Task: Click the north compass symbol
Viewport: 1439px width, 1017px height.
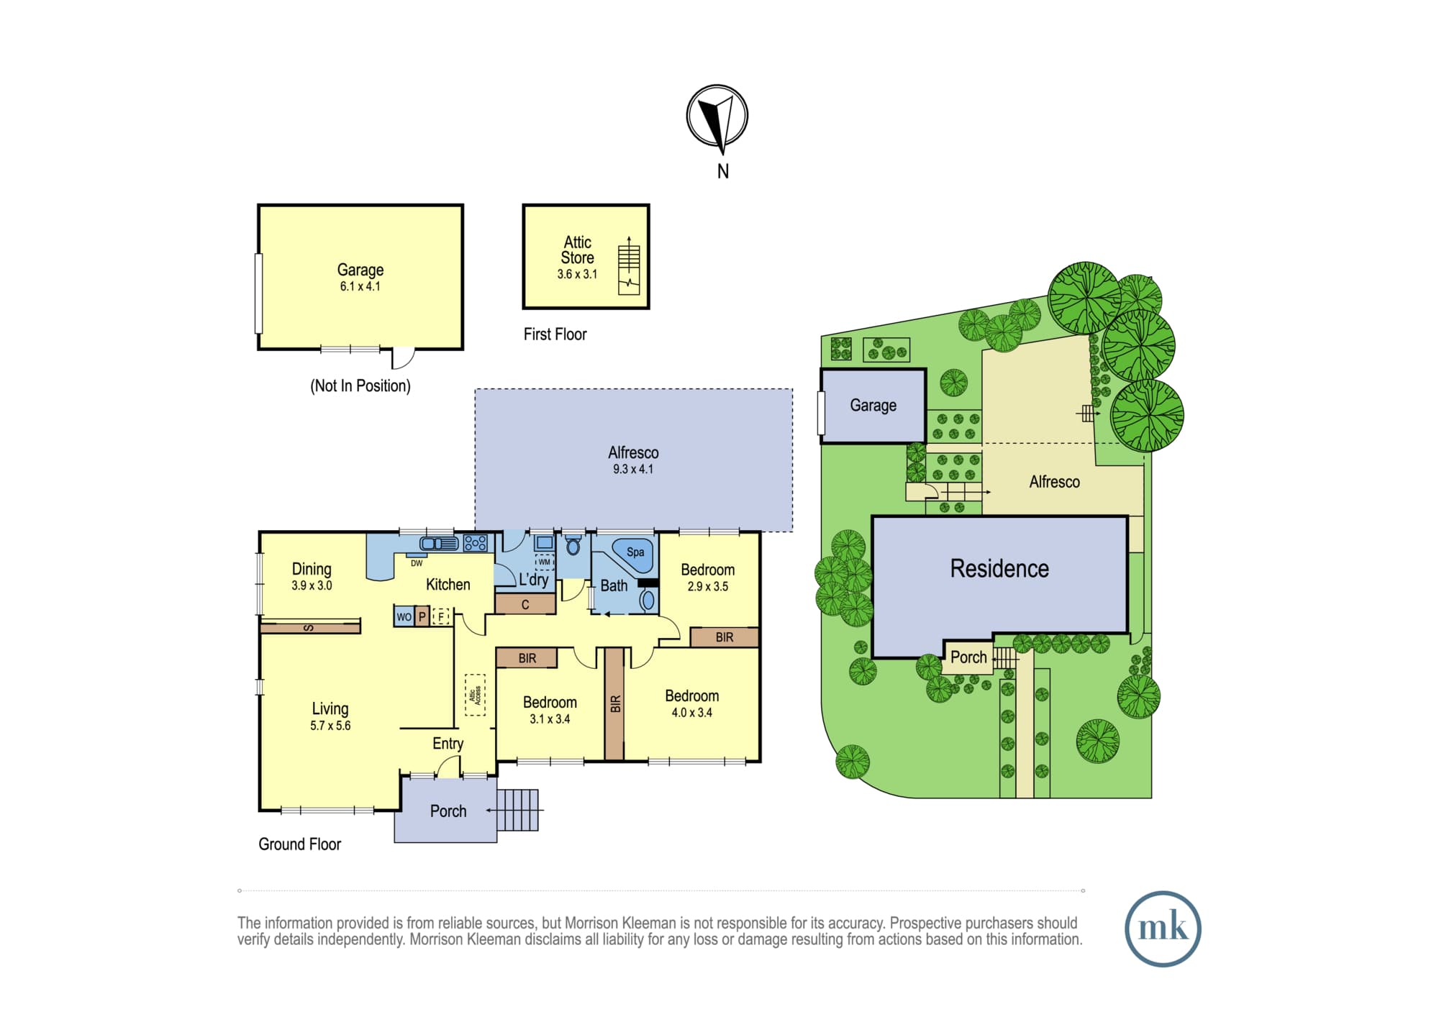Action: click(x=717, y=116)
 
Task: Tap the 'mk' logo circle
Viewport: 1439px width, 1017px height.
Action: click(x=1163, y=929)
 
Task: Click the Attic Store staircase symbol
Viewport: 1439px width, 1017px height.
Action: click(x=629, y=265)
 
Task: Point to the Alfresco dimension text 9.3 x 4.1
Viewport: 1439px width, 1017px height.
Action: click(x=633, y=469)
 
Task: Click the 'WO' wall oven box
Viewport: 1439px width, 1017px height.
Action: click(x=404, y=616)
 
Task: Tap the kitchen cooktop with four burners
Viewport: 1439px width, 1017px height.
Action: click(x=476, y=542)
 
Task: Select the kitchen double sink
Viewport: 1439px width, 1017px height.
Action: click(x=439, y=544)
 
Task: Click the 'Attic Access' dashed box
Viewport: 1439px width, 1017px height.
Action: click(x=475, y=695)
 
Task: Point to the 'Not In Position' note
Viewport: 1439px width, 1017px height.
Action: click(x=360, y=386)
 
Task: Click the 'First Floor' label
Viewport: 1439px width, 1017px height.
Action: click(x=555, y=334)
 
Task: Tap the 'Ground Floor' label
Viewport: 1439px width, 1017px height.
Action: click(x=299, y=844)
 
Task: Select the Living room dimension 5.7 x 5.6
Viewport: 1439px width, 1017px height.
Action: click(x=330, y=726)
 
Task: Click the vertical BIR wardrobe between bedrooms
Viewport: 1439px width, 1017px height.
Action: click(x=614, y=703)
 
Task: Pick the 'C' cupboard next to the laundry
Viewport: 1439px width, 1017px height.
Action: click(x=525, y=604)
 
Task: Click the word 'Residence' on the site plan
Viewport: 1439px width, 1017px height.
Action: click(x=999, y=568)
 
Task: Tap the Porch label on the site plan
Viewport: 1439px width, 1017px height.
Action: click(x=968, y=657)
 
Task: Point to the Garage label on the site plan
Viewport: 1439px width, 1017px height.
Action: click(x=873, y=405)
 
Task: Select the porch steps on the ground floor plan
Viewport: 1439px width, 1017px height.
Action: click(x=517, y=810)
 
